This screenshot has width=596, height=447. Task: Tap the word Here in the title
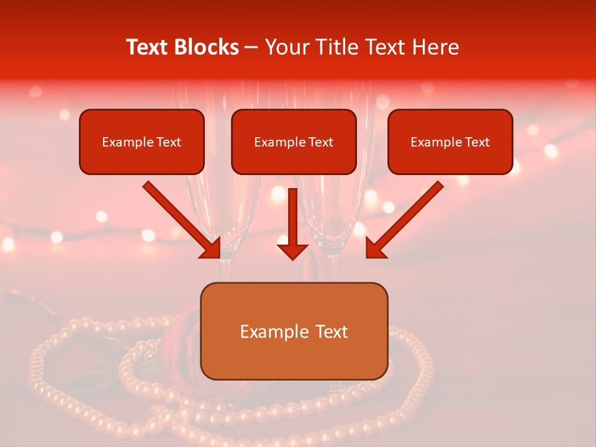point(435,47)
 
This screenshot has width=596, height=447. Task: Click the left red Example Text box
point(142,142)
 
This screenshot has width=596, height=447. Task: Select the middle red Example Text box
point(294,142)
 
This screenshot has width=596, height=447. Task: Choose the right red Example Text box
point(450,142)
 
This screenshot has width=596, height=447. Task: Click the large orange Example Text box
point(294,332)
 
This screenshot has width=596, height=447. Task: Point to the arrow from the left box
point(180,217)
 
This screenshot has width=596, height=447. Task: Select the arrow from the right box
point(407,217)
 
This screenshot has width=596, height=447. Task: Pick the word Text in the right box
point(477,142)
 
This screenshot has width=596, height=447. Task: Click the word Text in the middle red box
point(320,142)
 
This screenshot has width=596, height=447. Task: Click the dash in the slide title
point(252,48)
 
